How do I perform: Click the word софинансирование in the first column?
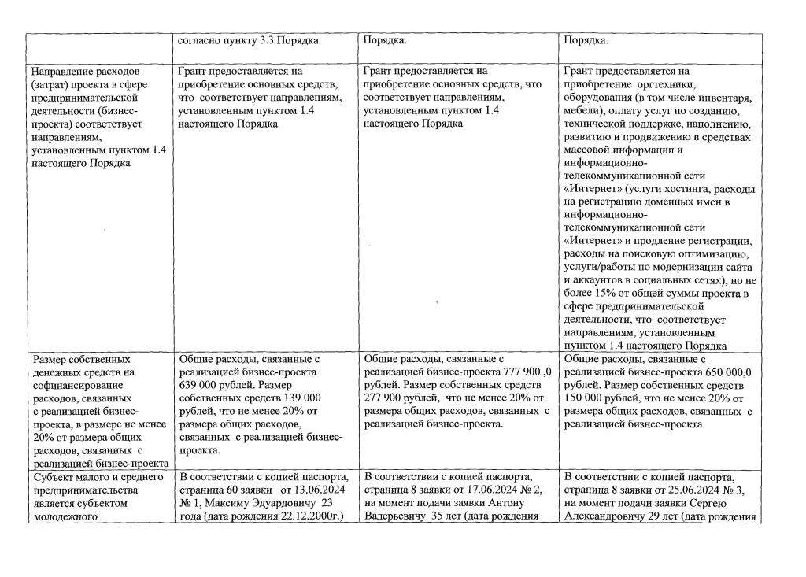(x=72, y=385)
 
